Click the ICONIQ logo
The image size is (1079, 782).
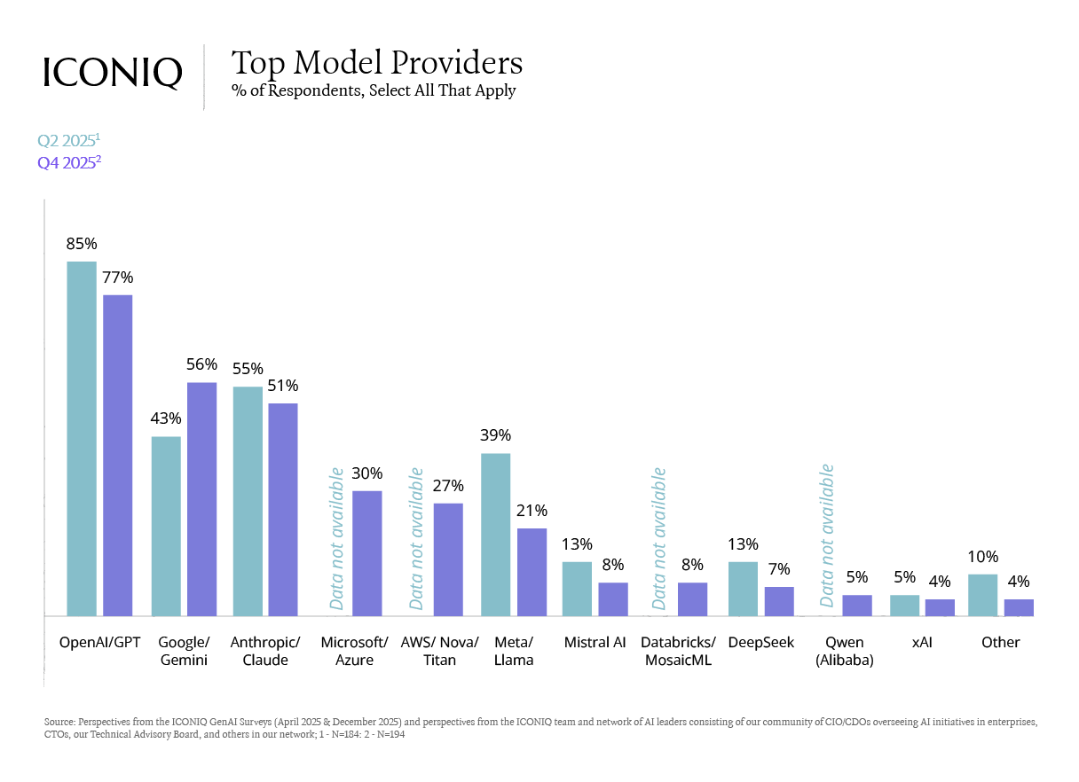[x=112, y=73]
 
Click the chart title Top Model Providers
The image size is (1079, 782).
[x=376, y=63]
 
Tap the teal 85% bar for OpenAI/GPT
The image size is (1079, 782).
[x=82, y=438]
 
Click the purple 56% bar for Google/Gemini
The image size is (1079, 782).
[x=201, y=498]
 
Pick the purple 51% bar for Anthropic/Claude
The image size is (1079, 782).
[x=283, y=509]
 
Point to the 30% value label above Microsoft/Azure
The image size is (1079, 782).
[x=366, y=473]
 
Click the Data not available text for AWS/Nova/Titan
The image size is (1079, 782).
[x=417, y=540]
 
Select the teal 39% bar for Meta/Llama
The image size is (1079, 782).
[x=495, y=534]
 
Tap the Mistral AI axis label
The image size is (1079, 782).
[x=595, y=643]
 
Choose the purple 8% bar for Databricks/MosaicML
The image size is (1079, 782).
[x=692, y=598]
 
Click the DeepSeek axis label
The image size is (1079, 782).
[x=760, y=643]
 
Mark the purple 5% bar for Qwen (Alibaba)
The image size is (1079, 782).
[x=856, y=605]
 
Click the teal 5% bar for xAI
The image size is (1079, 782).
[x=904, y=605]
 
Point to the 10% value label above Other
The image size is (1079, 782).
[x=982, y=557]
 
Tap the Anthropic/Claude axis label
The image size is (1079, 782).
[x=264, y=651]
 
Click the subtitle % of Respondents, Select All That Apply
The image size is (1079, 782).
[x=373, y=90]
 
